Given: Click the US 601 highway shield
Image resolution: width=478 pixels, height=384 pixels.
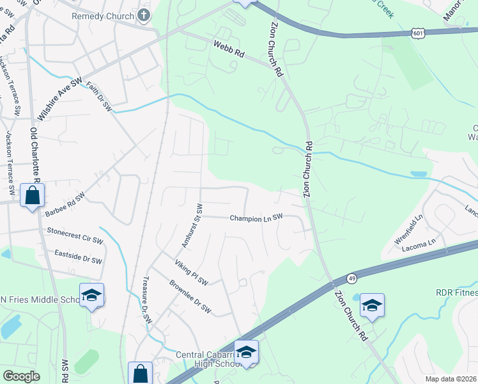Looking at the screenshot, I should pyautogui.click(x=417, y=33).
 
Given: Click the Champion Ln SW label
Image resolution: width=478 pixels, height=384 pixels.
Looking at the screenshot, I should pyautogui.click(x=256, y=218).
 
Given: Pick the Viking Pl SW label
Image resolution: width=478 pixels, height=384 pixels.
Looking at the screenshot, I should pyautogui.click(x=192, y=272).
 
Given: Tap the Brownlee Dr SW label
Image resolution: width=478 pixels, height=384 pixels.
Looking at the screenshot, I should pyautogui.click(x=190, y=297).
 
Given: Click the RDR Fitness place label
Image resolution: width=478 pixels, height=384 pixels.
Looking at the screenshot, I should pyautogui.click(x=456, y=292).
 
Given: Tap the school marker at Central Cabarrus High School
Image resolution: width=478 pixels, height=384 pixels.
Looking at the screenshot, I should pyautogui.click(x=246, y=351).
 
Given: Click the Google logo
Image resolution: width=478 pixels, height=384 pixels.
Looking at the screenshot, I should pyautogui.click(x=21, y=376).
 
